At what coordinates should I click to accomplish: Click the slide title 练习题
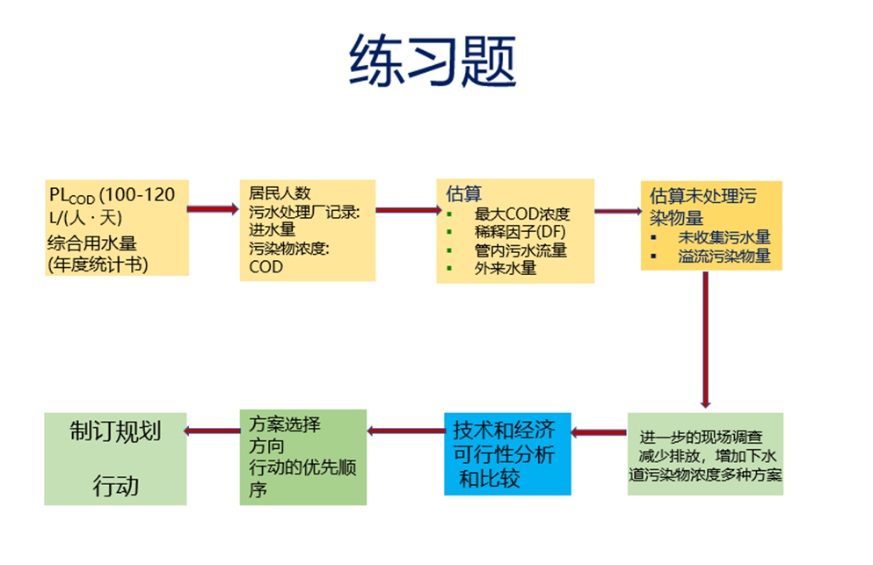pos(433,62)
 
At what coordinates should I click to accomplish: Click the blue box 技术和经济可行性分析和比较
pos(507,453)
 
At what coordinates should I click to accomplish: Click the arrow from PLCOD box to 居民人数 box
pos(213,209)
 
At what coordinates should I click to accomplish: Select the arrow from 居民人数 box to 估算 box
pos(406,210)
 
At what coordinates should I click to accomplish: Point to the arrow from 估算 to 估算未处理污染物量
pos(617,211)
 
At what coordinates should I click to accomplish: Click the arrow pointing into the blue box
pos(599,432)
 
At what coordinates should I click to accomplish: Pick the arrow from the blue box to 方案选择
pos(405,430)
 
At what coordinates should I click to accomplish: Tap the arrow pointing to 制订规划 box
pos(213,430)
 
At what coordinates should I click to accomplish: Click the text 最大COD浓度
pos(521,214)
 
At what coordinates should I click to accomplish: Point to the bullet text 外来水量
pos(505,269)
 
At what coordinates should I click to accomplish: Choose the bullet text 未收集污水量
pos(724,237)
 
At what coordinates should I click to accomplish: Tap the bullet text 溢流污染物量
pos(724,257)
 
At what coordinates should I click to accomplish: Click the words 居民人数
pos(280,193)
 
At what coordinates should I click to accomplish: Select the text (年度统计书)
pos(97,264)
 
